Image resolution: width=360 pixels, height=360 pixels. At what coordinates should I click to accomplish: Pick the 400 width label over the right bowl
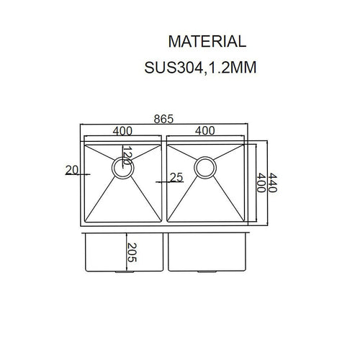point(205,131)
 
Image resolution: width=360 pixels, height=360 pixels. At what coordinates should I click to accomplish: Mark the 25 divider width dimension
point(176,177)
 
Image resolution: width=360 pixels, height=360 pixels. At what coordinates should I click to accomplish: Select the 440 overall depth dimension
point(273,180)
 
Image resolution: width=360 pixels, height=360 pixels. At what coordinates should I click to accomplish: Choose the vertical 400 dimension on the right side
point(261,180)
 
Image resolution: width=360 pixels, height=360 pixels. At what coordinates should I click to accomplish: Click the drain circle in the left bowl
point(120,168)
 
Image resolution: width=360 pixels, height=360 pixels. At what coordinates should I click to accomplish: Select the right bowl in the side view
point(209,252)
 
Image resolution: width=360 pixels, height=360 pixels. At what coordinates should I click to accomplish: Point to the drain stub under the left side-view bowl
point(120,273)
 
